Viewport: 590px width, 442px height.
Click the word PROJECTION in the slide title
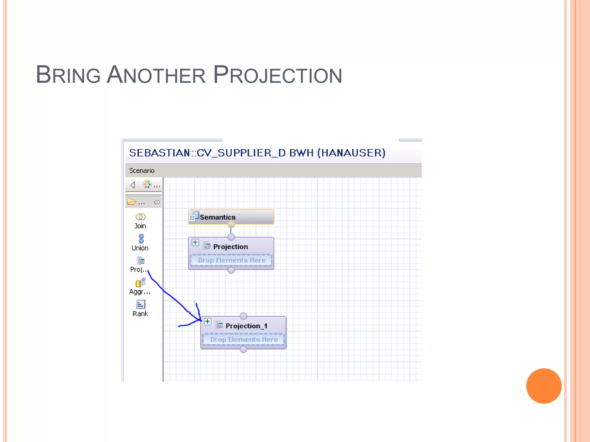click(x=277, y=75)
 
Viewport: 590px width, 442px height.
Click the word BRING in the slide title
click(x=68, y=75)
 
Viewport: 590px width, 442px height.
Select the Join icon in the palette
click(x=140, y=217)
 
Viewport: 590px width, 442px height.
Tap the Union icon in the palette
click(x=141, y=239)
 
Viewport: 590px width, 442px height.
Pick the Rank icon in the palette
click(x=141, y=304)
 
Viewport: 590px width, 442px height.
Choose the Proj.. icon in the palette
click(x=141, y=261)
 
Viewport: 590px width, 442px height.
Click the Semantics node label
click(x=218, y=217)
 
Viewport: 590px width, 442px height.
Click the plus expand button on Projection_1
click(x=207, y=321)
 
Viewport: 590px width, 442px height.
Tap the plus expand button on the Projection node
click(x=195, y=242)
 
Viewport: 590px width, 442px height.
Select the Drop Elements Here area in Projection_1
click(x=244, y=340)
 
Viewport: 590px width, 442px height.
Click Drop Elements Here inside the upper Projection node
click(x=231, y=260)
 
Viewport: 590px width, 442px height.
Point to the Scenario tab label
click(x=142, y=171)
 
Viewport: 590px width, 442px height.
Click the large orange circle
click(x=544, y=386)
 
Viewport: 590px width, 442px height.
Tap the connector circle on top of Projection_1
click(x=243, y=316)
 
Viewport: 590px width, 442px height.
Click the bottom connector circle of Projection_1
click(x=243, y=349)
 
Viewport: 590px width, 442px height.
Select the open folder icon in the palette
click(x=132, y=202)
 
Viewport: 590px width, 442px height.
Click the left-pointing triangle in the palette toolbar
click(x=133, y=185)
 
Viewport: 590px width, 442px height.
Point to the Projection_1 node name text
click(x=246, y=326)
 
